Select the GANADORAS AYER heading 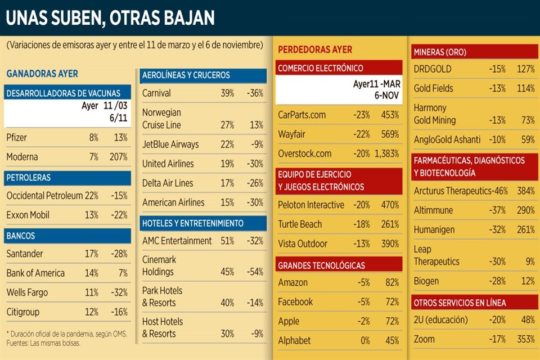pos(42,74)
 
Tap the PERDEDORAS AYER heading pos(315,49)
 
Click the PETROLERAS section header pos(28,178)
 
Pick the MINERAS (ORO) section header pos(440,52)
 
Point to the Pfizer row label pos(17,138)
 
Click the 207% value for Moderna pos(119,157)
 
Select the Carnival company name pos(156,93)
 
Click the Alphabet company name pos(294,340)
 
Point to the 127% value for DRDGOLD pos(525,69)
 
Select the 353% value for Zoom pos(525,339)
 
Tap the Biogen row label pos(426,281)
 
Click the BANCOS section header pos(21,236)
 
